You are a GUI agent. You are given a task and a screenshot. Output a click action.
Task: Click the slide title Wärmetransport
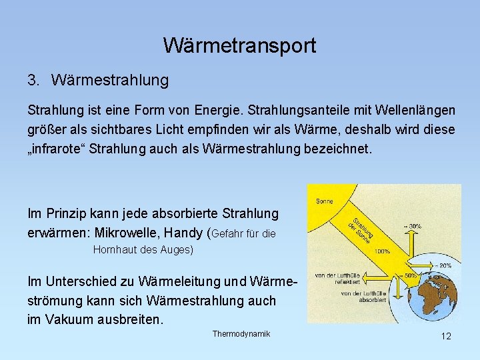click(x=239, y=45)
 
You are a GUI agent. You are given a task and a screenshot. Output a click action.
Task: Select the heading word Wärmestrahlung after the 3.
click(x=109, y=81)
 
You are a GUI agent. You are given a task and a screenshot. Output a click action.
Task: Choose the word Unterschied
click(x=85, y=281)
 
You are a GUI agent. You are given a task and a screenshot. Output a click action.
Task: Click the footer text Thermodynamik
click(x=241, y=333)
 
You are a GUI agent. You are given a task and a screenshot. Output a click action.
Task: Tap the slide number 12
click(x=446, y=336)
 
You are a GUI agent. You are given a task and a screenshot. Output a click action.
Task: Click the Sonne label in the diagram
click(x=323, y=200)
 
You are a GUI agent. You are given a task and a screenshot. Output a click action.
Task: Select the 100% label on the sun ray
click(x=382, y=251)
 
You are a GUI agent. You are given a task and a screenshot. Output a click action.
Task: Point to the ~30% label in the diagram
click(x=413, y=226)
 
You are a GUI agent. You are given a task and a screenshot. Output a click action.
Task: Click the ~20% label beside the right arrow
click(x=444, y=265)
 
